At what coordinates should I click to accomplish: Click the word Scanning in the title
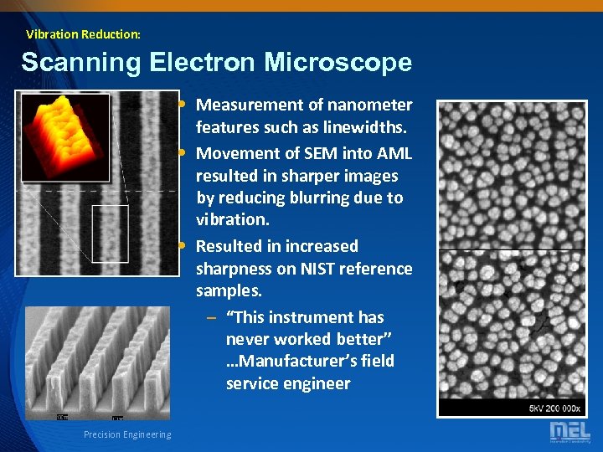(71, 63)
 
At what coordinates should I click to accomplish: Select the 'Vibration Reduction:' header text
(83, 34)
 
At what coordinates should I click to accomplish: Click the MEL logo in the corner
(569, 431)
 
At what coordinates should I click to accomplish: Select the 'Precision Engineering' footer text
(127, 434)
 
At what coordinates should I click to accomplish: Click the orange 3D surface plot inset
(65, 136)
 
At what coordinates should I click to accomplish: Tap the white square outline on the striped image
(110, 234)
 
